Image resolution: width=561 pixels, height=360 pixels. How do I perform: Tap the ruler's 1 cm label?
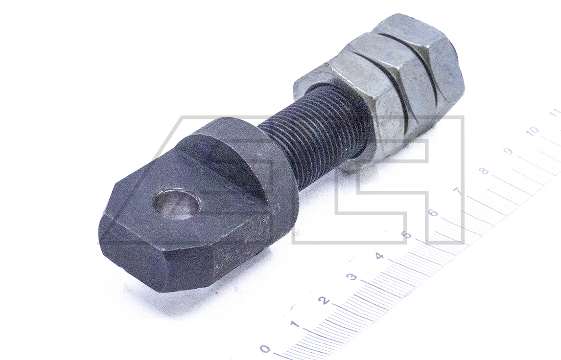tap(295, 325)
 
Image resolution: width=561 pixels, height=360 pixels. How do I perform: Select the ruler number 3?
tap(352, 277)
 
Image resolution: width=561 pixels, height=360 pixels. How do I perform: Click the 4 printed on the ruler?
tap(379, 256)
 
